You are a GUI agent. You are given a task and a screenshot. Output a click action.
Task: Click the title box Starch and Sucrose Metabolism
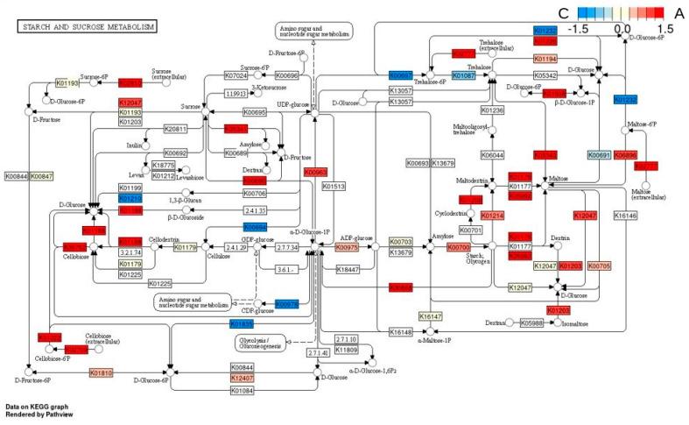point(86,26)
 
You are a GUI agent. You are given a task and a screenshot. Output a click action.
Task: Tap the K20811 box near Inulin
point(173,129)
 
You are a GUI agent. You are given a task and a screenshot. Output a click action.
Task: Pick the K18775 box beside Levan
point(164,165)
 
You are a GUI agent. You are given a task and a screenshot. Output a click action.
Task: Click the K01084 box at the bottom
point(243,390)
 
